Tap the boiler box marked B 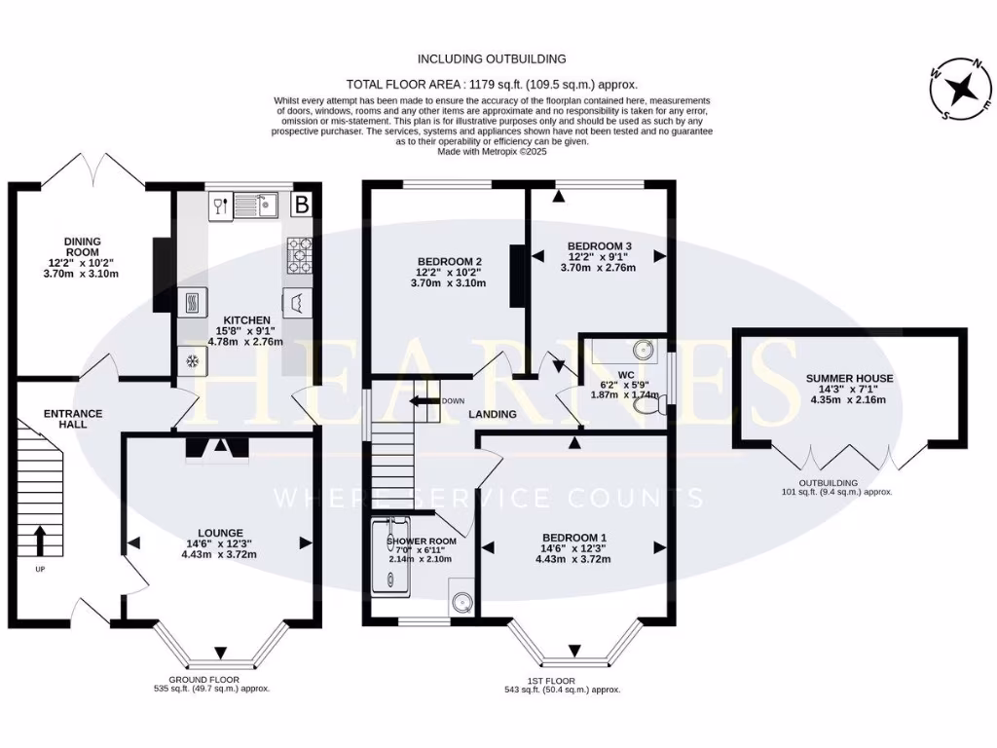click(x=302, y=205)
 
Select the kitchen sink click(x=257, y=205)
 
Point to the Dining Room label click(x=83, y=257)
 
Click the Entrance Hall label click(x=73, y=419)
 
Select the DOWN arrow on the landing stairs click(x=425, y=400)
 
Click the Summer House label click(x=849, y=390)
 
